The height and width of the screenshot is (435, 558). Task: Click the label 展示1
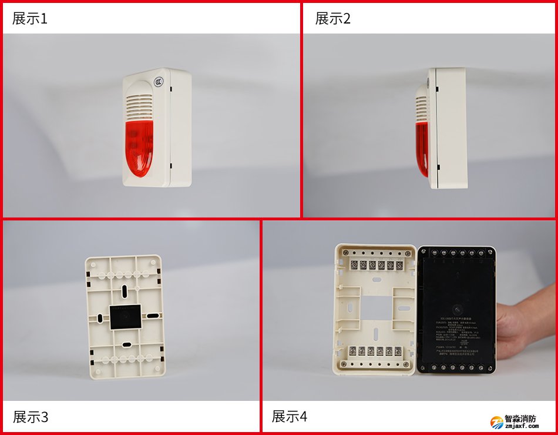tap(29, 18)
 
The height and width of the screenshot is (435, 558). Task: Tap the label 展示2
tap(332, 18)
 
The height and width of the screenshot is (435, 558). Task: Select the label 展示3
tap(30, 417)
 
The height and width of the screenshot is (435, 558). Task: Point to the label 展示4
tap(289, 416)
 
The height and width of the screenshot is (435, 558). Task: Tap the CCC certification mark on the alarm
tap(159, 83)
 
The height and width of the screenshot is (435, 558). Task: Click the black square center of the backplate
tap(125, 317)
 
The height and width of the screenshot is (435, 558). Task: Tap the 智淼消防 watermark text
tap(520, 419)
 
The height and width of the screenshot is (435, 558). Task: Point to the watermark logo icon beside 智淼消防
tap(497, 422)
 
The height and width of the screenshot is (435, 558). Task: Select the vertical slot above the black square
tap(125, 291)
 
